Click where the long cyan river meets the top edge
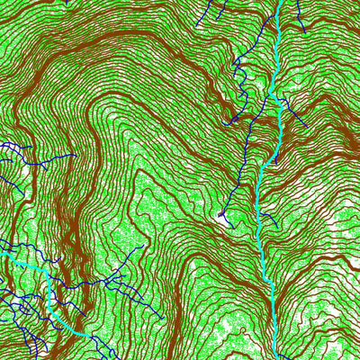[x=281, y=1]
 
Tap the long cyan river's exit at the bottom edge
[x=273, y=358]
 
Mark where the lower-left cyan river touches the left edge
[x=1, y=254]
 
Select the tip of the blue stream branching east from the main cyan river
[x=307, y=125]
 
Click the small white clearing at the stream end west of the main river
[x=222, y=216]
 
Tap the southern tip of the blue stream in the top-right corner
[x=304, y=32]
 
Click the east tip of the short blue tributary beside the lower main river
[x=275, y=223]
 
